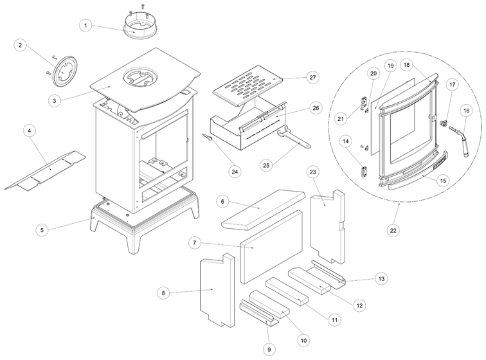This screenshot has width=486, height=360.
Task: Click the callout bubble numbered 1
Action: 85,25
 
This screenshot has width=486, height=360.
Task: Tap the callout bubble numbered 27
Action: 312,78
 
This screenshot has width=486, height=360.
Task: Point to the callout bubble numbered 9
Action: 269,348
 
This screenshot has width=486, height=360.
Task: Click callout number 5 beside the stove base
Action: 42,229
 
